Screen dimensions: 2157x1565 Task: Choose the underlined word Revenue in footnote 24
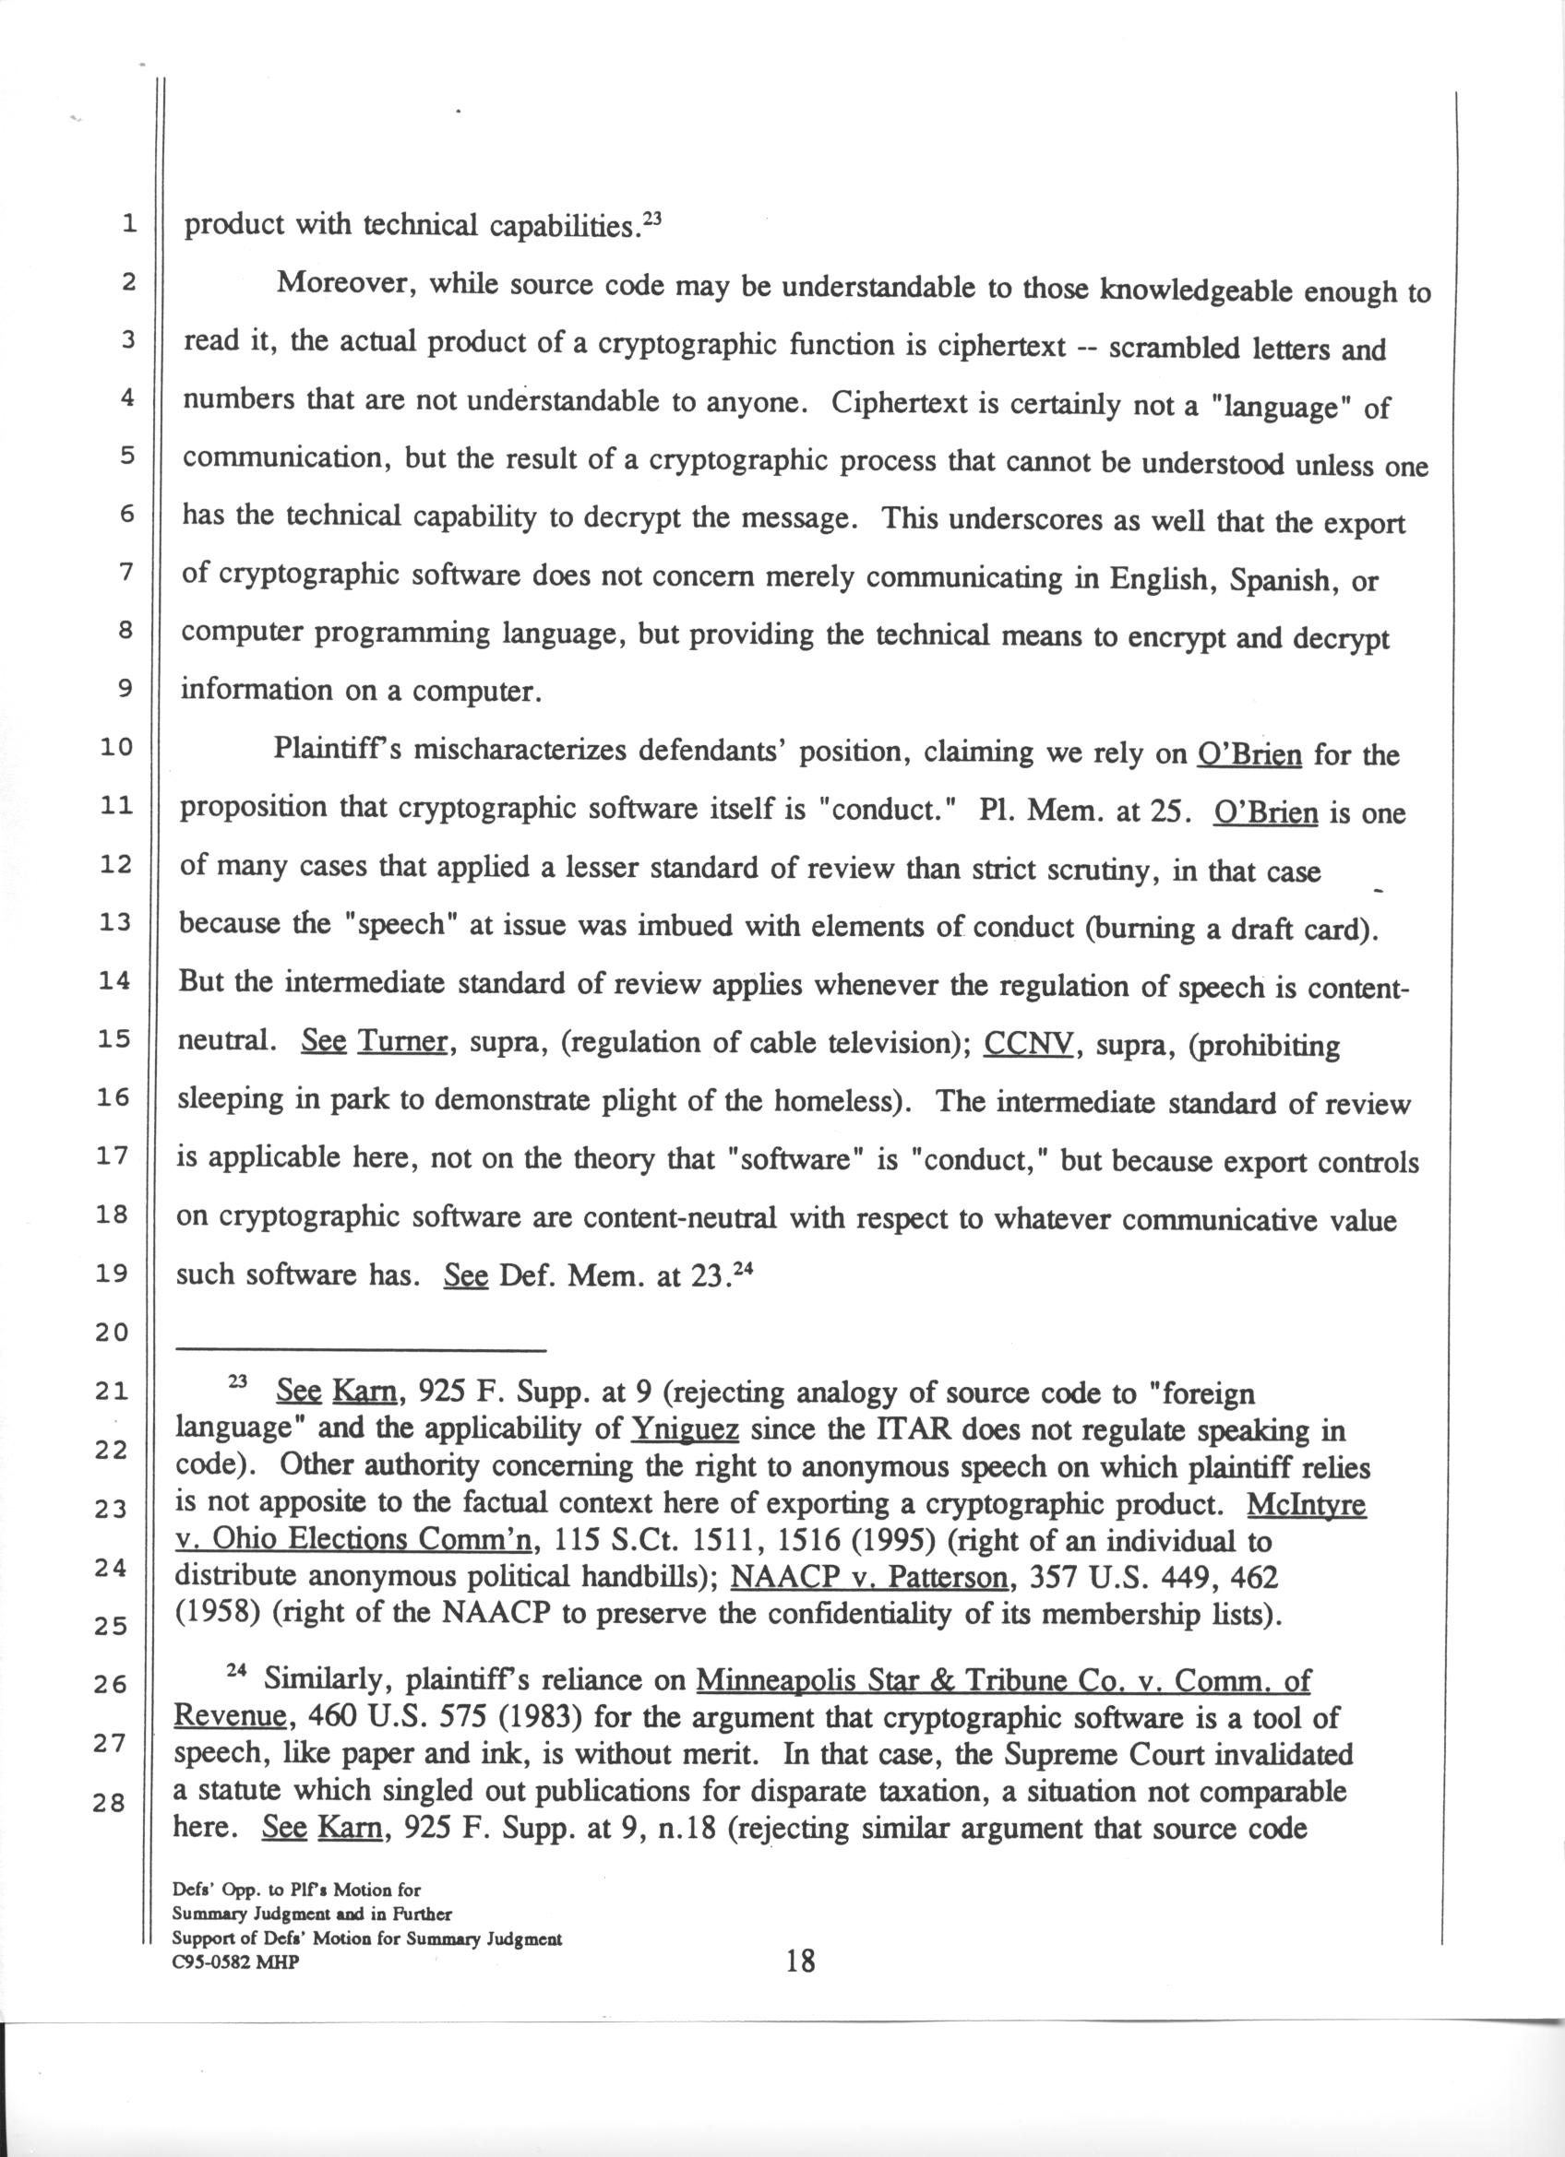[229, 1718]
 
